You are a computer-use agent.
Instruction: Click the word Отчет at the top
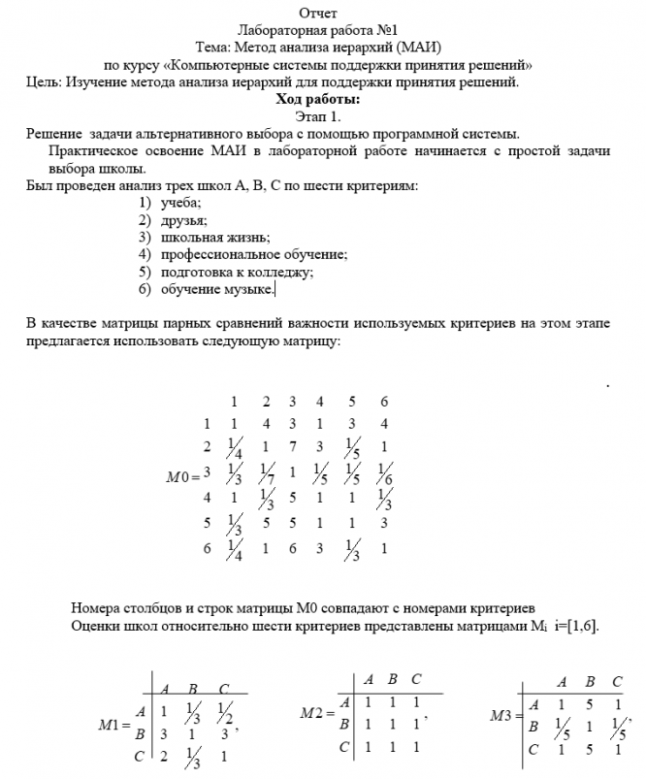(x=319, y=14)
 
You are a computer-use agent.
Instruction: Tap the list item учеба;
(x=181, y=202)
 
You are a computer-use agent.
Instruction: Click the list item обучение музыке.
(x=218, y=289)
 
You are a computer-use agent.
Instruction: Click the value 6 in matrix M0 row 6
(x=291, y=548)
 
